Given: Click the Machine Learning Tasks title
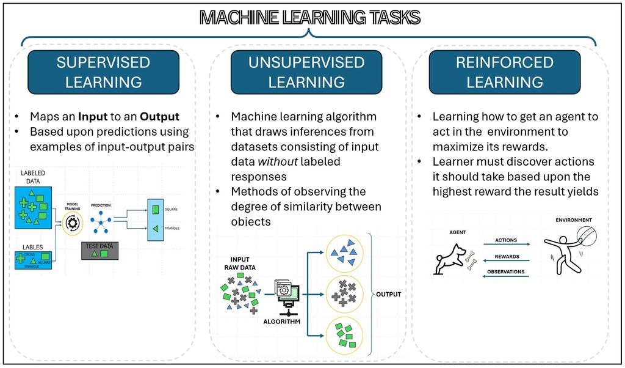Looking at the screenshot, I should coord(310,18).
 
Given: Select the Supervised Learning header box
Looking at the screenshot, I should coord(103,72).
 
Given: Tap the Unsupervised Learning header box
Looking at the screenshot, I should coord(306,72).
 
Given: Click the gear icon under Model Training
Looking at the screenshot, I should coord(73,224).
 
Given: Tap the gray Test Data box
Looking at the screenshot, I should coord(100,251).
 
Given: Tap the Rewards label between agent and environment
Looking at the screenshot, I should coord(507,256).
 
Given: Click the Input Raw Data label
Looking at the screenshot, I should coord(239,263).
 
